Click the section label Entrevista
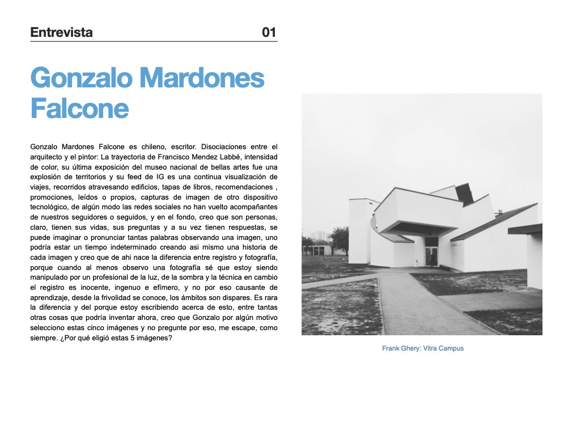[61, 32]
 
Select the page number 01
[269, 32]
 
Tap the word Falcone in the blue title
[79, 108]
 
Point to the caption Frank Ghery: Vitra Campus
[422, 348]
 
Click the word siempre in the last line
[44, 338]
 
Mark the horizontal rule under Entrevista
[154, 41]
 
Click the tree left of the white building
[339, 240]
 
